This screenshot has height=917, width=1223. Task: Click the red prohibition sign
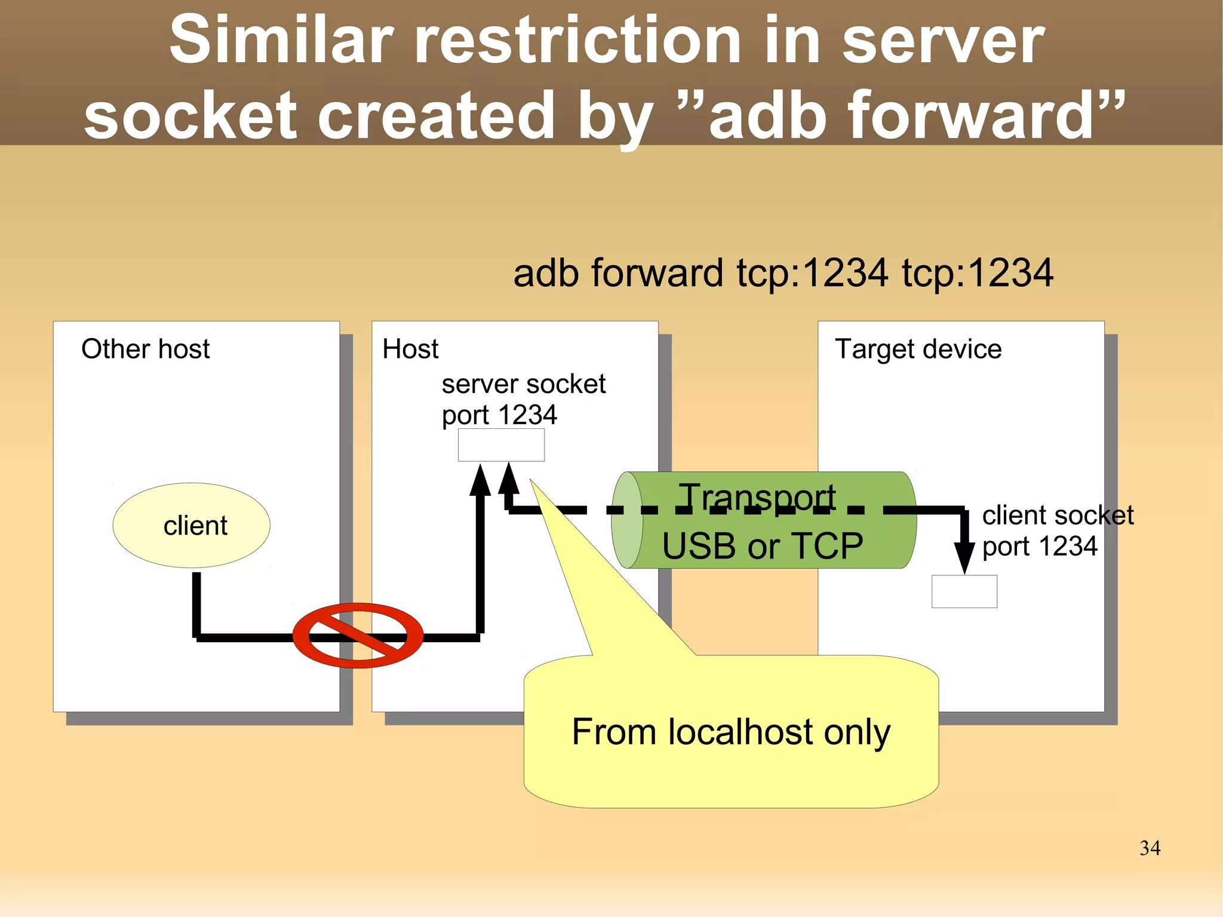358,636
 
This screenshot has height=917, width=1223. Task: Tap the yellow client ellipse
191,525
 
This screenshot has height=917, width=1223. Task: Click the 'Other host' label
145,349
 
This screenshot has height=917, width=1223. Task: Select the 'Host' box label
410,349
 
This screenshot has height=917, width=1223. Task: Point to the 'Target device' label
918,349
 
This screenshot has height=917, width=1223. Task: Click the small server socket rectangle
501,445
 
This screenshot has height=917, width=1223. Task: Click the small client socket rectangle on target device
964,591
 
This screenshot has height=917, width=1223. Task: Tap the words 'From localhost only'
730,732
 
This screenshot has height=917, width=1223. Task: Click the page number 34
1150,848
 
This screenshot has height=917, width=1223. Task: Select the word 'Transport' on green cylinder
757,497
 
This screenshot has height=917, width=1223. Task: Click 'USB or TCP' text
763,546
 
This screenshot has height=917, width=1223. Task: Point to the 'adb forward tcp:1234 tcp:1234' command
783,273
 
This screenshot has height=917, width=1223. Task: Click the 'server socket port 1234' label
523,399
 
